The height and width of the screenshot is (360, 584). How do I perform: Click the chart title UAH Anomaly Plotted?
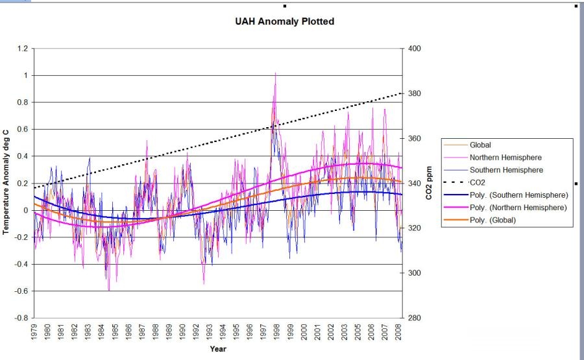tap(285, 21)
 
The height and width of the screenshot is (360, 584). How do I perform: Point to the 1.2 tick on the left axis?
tap(23, 49)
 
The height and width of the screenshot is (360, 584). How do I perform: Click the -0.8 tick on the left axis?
tap(21, 318)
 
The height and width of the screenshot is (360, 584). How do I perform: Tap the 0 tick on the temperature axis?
tap(26, 210)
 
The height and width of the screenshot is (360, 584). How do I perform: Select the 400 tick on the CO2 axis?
tap(414, 49)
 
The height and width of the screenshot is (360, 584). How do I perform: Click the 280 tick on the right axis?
tap(414, 318)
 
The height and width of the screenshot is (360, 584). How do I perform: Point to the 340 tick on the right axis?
tap(414, 183)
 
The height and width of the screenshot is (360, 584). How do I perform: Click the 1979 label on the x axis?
tap(34, 331)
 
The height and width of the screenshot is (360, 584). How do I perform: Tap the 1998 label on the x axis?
tap(276, 331)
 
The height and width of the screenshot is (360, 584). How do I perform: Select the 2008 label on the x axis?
tap(398, 331)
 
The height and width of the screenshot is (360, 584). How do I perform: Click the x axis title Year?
tap(218, 349)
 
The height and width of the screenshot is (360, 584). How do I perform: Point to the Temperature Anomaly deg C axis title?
tap(5, 182)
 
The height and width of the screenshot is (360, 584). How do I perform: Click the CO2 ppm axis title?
tap(429, 183)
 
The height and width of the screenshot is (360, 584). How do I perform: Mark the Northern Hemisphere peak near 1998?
tap(275, 73)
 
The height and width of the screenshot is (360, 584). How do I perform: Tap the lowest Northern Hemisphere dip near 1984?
tap(109, 290)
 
